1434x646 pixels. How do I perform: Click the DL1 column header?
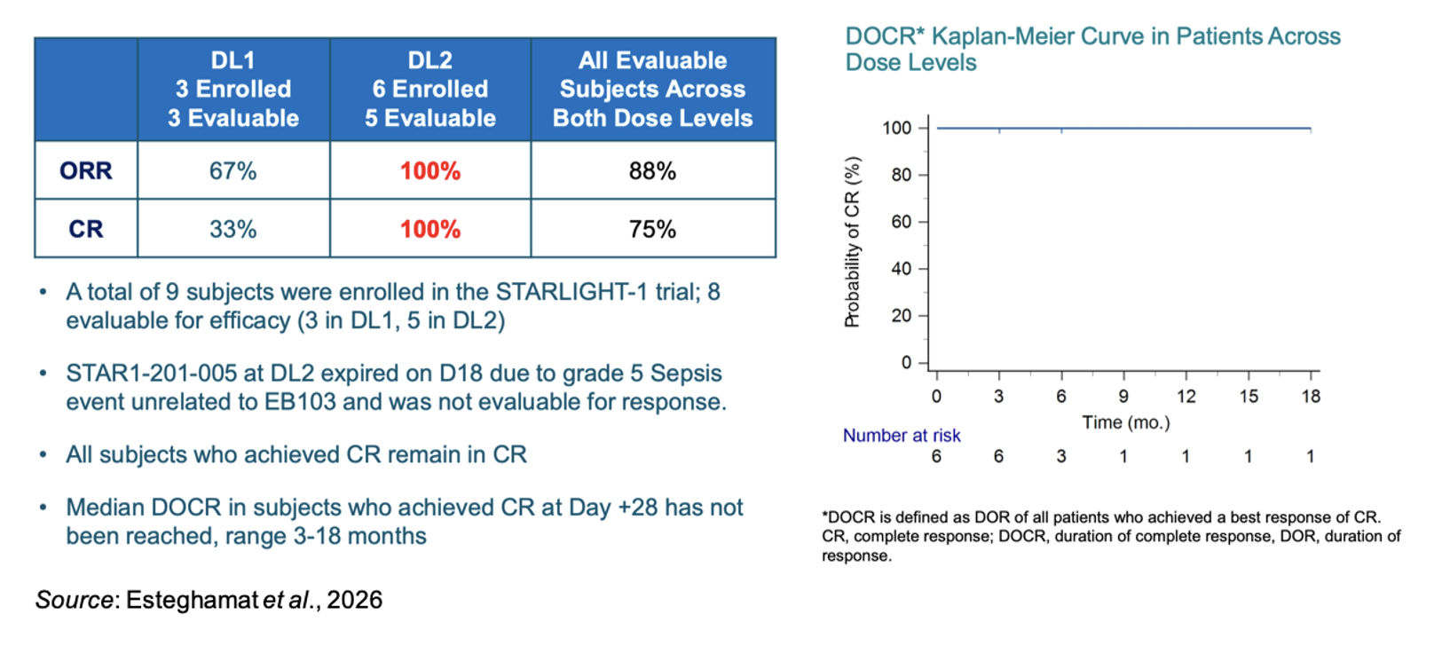233,89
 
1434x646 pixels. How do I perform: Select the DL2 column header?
430,89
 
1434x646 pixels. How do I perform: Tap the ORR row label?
86,171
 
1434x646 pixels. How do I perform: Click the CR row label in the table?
86,229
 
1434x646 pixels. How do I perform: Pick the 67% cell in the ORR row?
233,171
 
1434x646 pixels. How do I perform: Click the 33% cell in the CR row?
233,229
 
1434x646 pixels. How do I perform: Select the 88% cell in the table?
652,171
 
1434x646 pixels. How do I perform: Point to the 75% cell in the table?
652,229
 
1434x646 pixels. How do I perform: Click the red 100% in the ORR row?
430,171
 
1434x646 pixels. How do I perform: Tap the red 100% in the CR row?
430,229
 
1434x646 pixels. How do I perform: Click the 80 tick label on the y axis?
901,175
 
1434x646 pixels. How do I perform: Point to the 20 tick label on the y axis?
901,316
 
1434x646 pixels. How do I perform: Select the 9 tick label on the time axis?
1123,397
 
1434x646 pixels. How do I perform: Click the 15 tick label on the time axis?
1249,397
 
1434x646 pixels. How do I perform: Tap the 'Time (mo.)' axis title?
1126,422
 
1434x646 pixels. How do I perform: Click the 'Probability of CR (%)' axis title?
852,242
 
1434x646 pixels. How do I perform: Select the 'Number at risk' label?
902,436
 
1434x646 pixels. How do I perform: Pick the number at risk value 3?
1060,456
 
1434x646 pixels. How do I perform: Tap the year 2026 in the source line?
354,600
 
